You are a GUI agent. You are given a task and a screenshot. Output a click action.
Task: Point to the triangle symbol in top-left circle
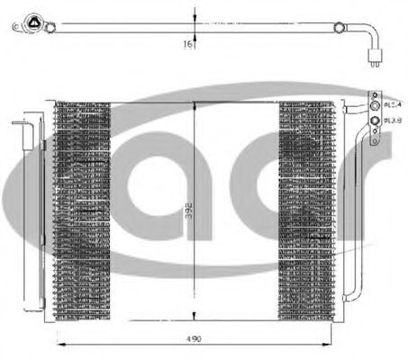[32, 24]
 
